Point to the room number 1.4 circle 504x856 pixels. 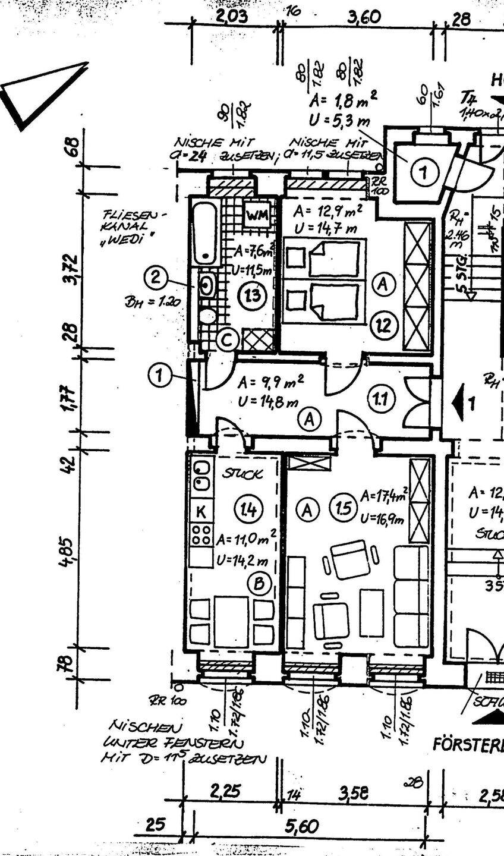[x=248, y=509]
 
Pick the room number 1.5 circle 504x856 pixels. [x=346, y=509]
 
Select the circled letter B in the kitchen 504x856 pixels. [x=259, y=583]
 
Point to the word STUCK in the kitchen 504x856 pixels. [x=242, y=474]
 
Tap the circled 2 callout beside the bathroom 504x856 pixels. [x=155, y=277]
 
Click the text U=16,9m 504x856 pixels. [x=382, y=519]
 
